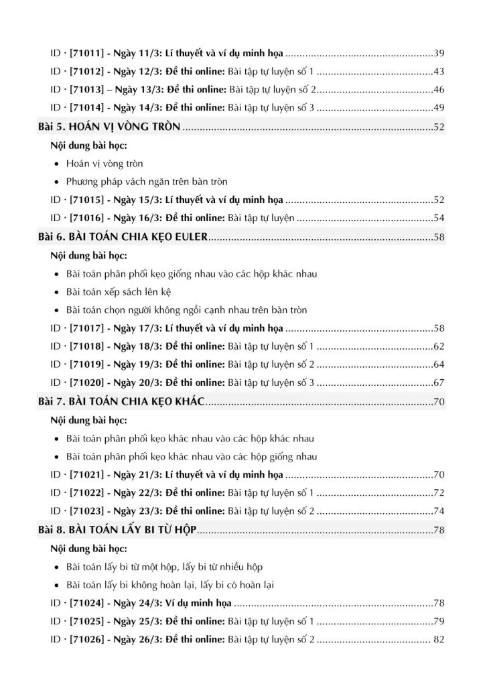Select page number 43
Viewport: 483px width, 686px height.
439,72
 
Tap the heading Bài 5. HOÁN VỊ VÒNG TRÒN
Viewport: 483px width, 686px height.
109,127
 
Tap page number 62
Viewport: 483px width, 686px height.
439,347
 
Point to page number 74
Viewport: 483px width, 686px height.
439,511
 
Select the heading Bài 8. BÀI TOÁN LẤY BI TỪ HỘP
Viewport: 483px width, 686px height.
117,530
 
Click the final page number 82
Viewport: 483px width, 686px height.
439,640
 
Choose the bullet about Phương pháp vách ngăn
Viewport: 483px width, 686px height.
147,182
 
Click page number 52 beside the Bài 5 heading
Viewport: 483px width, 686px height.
439,127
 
